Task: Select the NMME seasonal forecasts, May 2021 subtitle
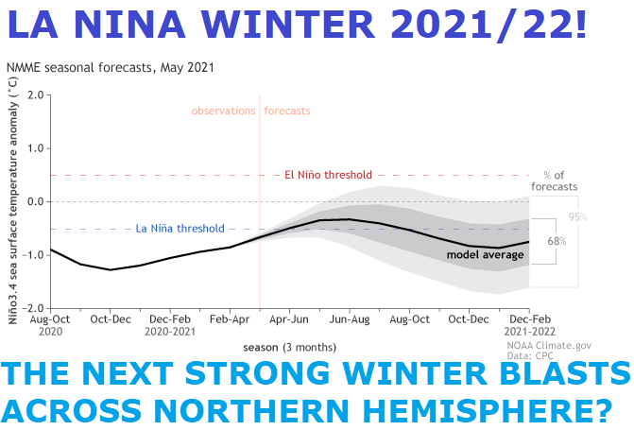(x=110, y=67)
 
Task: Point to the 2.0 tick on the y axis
(x=36, y=95)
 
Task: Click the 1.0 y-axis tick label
(x=36, y=148)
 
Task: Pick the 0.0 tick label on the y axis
(x=36, y=201)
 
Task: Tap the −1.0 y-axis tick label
(x=33, y=255)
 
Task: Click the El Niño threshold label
(x=328, y=175)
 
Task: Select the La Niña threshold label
(x=180, y=229)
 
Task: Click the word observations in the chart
(x=223, y=111)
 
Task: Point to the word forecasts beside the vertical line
(x=287, y=111)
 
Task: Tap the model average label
(x=486, y=255)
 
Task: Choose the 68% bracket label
(x=557, y=242)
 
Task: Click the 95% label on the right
(x=577, y=217)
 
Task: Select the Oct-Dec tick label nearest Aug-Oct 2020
(x=111, y=319)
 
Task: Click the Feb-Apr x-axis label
(x=230, y=319)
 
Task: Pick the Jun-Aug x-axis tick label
(x=350, y=319)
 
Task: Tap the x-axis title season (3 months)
(x=289, y=348)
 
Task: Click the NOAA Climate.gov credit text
(x=549, y=346)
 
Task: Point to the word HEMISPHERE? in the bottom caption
(x=488, y=410)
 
